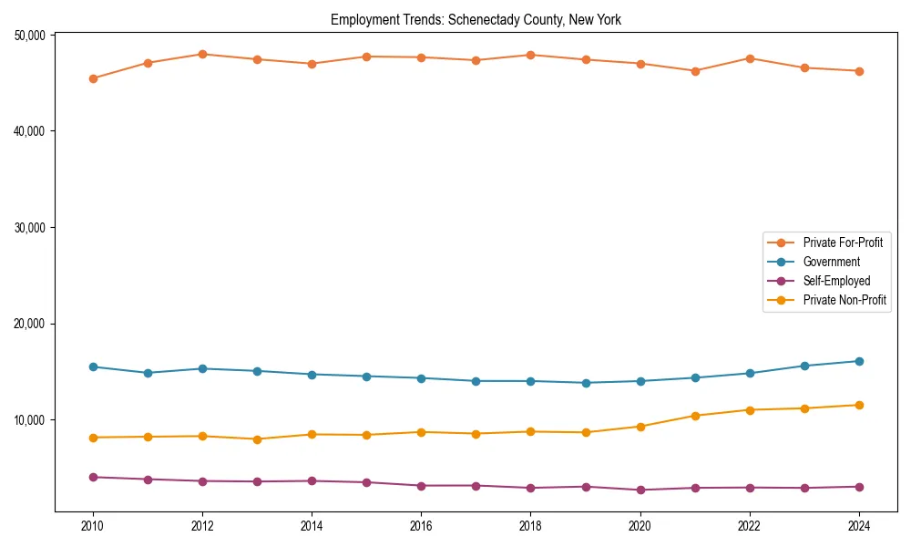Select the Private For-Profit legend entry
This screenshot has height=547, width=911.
click(842, 243)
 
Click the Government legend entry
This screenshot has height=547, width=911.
click(831, 262)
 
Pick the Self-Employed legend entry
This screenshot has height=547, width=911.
click(836, 281)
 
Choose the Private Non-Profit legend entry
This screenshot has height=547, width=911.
click(844, 300)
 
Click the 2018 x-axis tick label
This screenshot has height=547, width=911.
click(530, 526)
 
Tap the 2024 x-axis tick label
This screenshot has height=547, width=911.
click(859, 526)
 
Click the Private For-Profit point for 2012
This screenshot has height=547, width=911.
click(202, 54)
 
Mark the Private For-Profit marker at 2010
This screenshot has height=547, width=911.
click(93, 78)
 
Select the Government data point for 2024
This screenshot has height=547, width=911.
click(859, 361)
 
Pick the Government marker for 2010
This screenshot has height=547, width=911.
click(93, 366)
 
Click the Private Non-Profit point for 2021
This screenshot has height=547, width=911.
click(695, 416)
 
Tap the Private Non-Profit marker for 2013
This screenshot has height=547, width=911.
click(257, 439)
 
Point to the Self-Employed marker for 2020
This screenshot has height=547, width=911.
click(640, 490)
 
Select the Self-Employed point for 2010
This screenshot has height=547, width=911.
click(93, 477)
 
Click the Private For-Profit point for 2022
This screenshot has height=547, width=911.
click(750, 58)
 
